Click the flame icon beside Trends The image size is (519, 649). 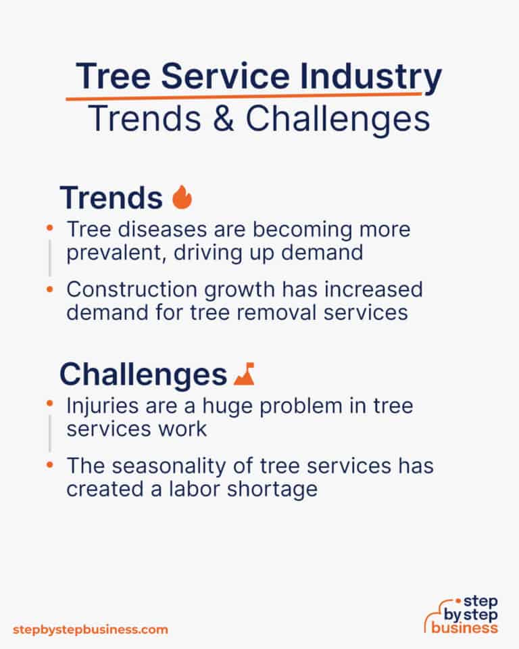tap(182, 197)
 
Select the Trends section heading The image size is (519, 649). tap(111, 197)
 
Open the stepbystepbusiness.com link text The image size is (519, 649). tap(90, 629)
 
